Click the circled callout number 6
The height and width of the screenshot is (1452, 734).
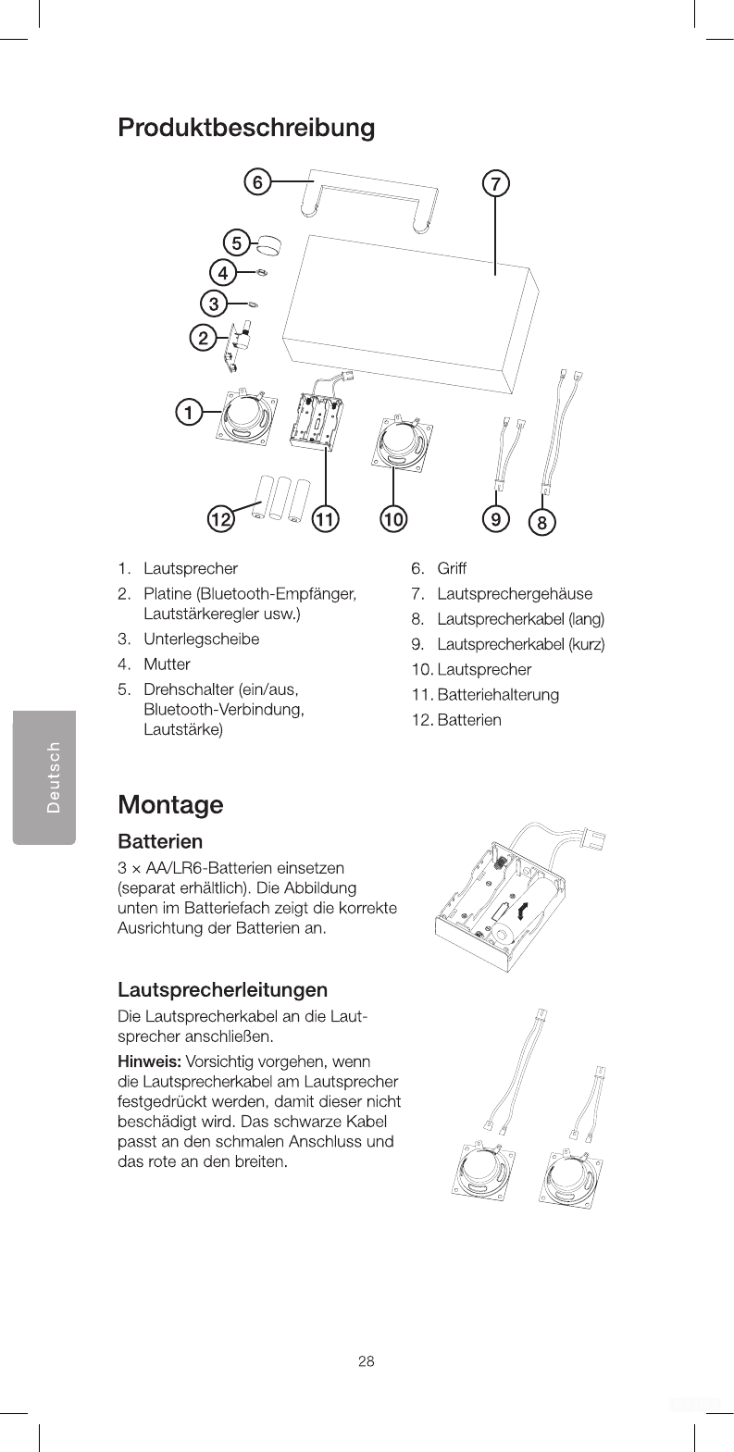pyautogui.click(x=257, y=182)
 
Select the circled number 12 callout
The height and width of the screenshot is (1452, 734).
pyautogui.click(x=219, y=520)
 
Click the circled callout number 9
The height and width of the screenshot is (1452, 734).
pyautogui.click(x=497, y=519)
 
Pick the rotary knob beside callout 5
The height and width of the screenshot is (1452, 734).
pyautogui.click(x=269, y=245)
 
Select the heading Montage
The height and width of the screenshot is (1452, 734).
pyautogui.click(x=170, y=803)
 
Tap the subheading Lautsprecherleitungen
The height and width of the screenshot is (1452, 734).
pyautogui.click(x=222, y=992)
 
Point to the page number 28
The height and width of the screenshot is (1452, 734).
pyautogui.click(x=367, y=1361)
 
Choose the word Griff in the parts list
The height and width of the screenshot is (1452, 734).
pyautogui.click(x=452, y=567)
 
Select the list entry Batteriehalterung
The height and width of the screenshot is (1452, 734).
pyautogui.click(x=498, y=694)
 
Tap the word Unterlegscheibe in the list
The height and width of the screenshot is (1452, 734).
pyautogui.click(x=201, y=639)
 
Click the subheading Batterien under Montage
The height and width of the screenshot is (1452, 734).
pyautogui.click(x=160, y=842)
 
